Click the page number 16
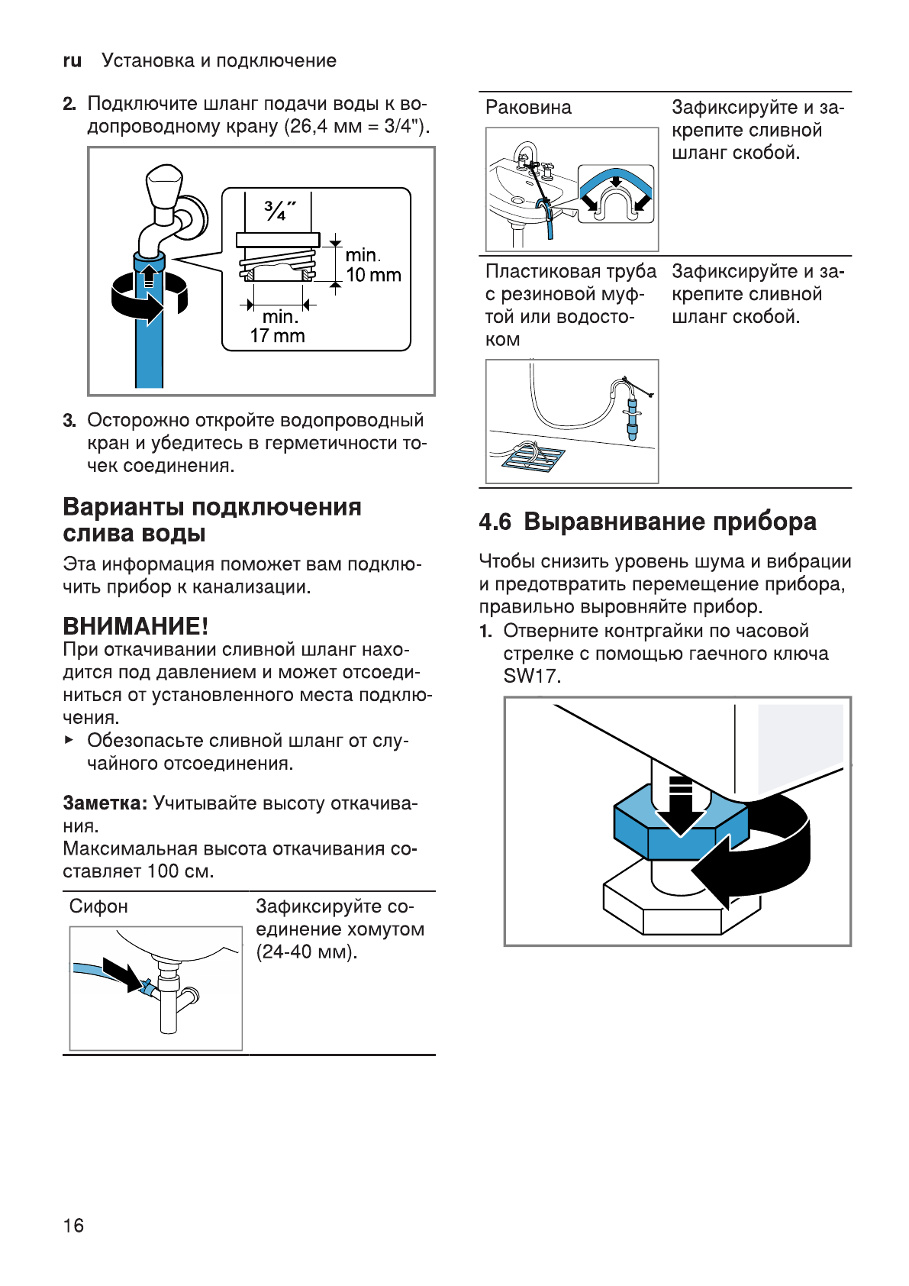click(73, 1226)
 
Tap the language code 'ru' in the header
click(72, 61)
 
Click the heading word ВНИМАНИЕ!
click(135, 626)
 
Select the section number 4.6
click(495, 522)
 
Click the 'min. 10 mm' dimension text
click(372, 265)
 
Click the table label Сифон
click(98, 906)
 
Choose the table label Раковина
click(528, 108)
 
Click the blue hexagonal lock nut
click(679, 825)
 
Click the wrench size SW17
click(531, 676)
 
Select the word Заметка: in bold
click(105, 803)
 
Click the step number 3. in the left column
click(69, 421)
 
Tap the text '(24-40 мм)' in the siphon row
click(306, 952)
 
